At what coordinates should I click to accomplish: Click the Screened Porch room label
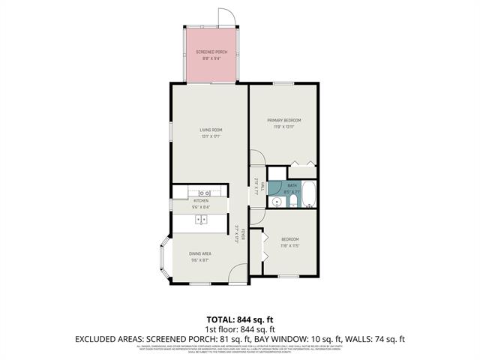point(211,51)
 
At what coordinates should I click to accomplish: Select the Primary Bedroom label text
point(284,120)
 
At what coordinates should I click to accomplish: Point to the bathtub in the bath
point(309,193)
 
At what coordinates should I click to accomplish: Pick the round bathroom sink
point(277,201)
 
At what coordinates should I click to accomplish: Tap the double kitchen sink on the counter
point(201,220)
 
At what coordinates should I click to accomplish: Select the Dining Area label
point(200,254)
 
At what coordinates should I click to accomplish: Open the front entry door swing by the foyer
point(238,275)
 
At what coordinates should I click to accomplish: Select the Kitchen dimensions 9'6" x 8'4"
point(201,206)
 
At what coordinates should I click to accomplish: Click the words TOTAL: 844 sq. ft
point(239,319)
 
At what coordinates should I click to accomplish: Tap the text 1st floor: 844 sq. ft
point(239,328)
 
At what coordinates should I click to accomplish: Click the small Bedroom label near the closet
point(289,241)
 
